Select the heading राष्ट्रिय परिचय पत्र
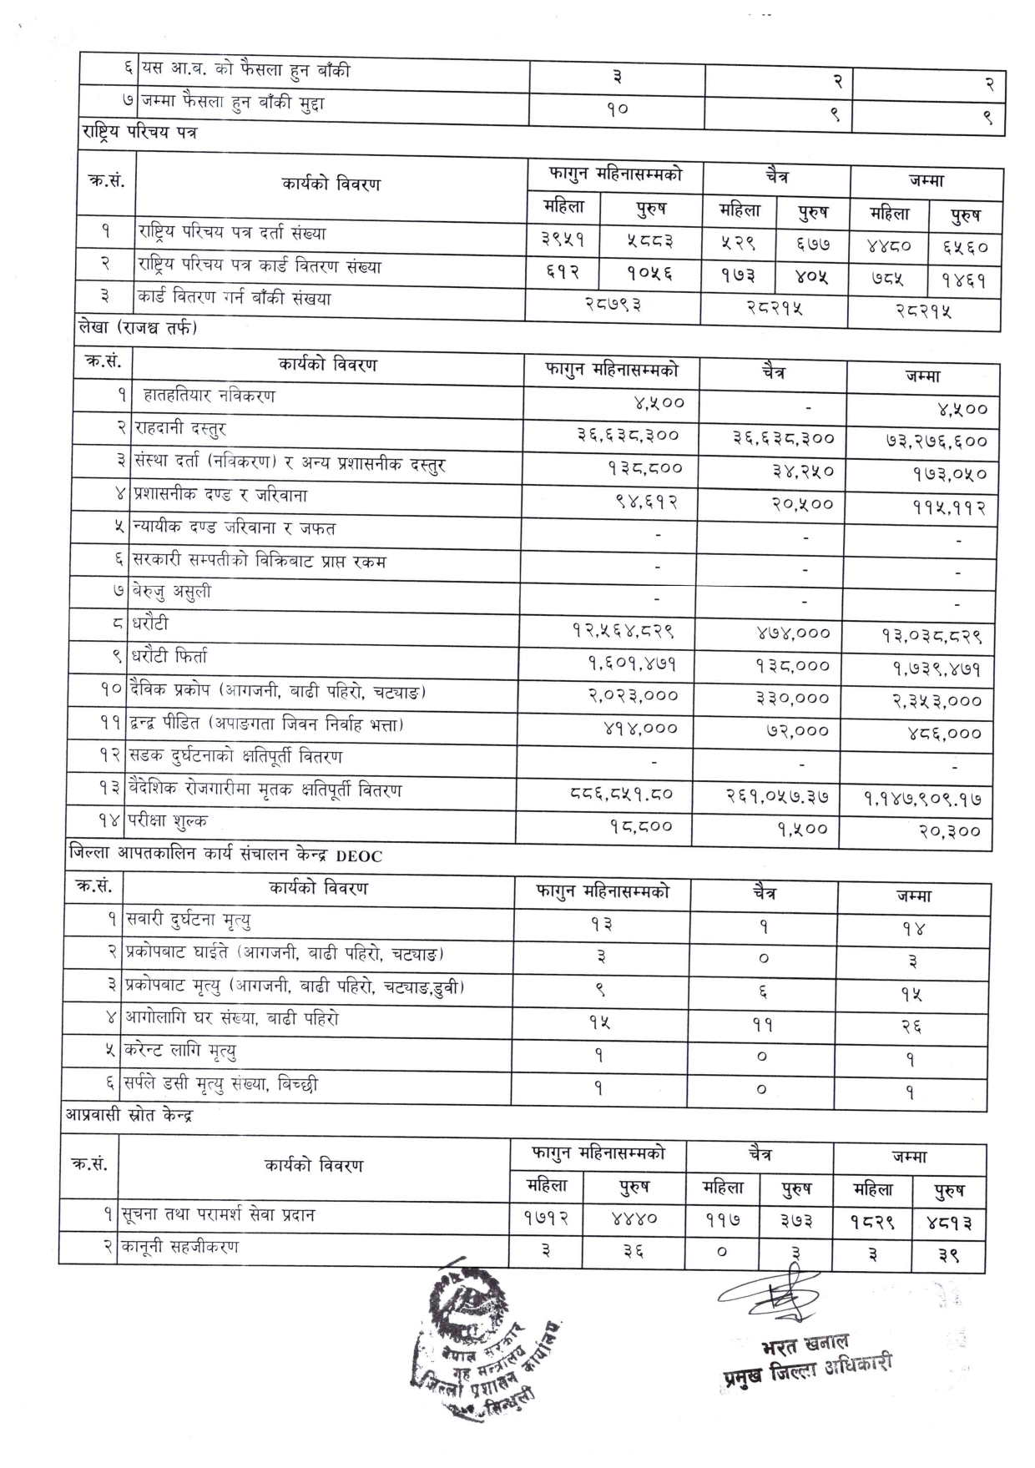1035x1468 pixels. pos(139,131)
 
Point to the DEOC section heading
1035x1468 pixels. pos(225,855)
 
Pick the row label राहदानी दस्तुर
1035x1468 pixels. pos(180,429)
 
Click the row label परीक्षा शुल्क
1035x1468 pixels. pos(168,821)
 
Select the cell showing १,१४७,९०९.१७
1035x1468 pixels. pos(922,799)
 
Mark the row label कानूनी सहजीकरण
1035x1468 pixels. pos(181,1247)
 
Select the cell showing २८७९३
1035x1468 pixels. pos(612,305)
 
